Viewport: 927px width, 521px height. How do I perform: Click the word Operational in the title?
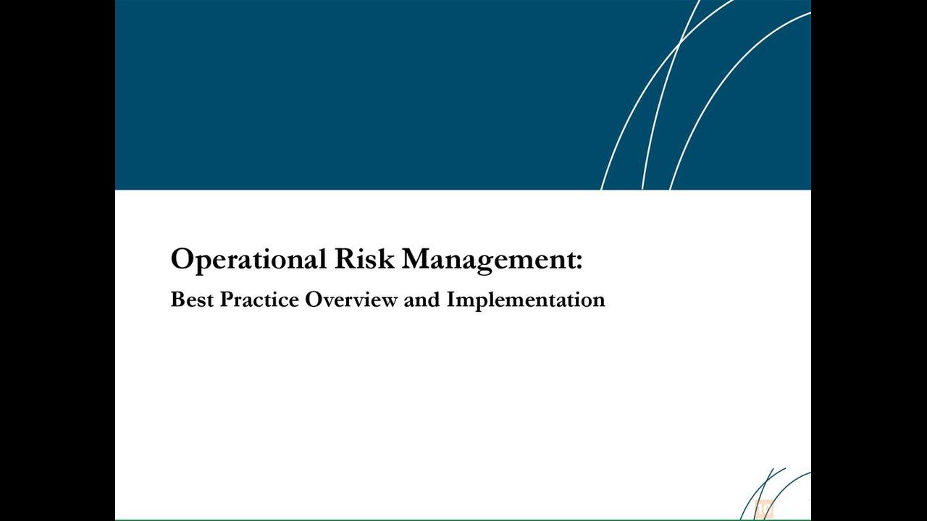[248, 260]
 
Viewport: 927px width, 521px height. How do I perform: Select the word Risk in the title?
[364, 259]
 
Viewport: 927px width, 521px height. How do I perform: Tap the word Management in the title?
[488, 260]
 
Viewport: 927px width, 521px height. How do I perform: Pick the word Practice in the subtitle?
[259, 300]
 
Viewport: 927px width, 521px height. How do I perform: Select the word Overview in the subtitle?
[351, 300]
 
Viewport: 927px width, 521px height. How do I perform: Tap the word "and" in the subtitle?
[422, 300]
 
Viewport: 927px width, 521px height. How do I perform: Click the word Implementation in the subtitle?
[526, 300]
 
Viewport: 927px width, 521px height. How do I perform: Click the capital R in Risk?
[345, 259]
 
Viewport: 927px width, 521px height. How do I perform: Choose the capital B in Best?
[178, 300]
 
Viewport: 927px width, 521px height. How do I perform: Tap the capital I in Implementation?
[451, 300]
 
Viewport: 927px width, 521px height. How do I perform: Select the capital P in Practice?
[227, 300]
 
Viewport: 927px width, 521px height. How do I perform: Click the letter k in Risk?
[386, 259]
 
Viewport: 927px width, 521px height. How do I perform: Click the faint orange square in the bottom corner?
[763, 509]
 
